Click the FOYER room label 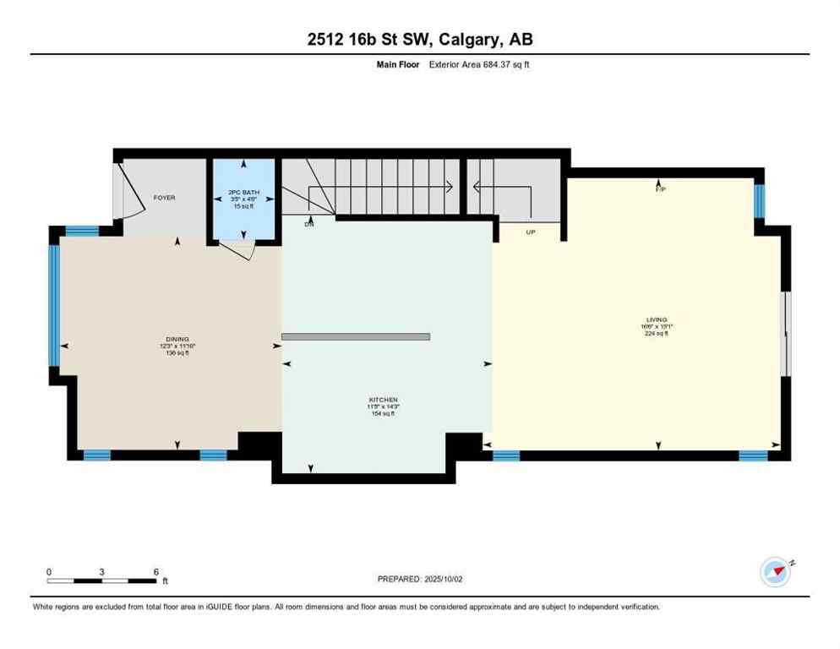point(164,198)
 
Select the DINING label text point(177,339)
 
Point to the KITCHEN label point(383,400)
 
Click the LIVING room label point(656,320)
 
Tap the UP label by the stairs point(531,232)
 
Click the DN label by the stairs point(310,224)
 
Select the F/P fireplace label point(661,189)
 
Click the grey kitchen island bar point(356,336)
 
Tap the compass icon point(776,572)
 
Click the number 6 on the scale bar point(156,571)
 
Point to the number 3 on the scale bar point(102,571)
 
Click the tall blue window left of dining point(54,304)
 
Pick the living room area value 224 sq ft point(656,334)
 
